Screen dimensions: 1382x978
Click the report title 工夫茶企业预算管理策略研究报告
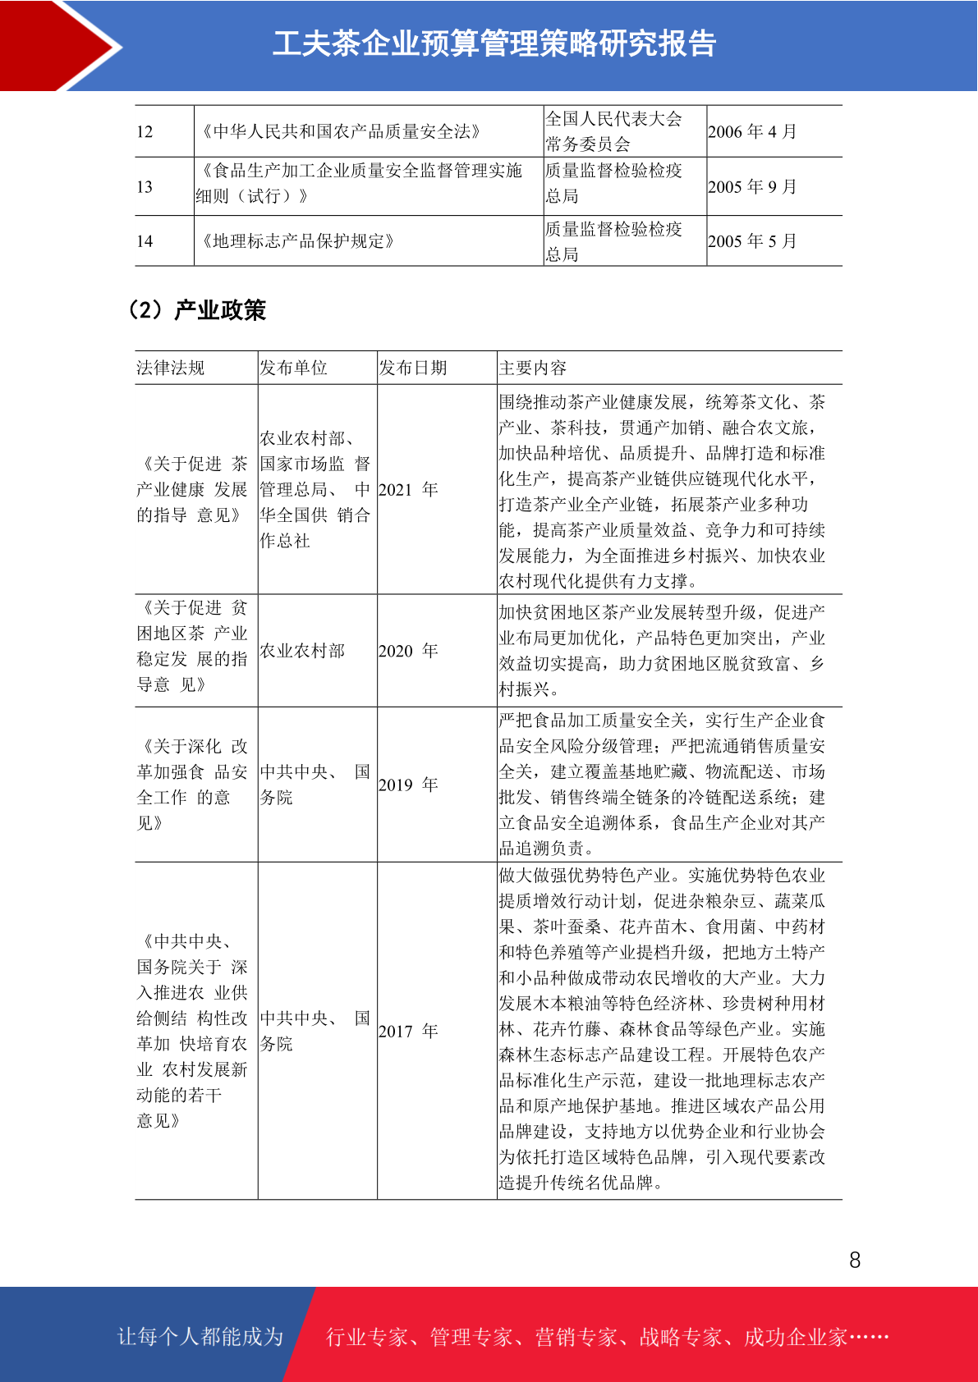[x=494, y=43]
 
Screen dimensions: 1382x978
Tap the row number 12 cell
[x=145, y=132]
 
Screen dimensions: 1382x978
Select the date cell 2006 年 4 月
[x=751, y=132]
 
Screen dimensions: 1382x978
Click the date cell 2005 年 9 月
[x=751, y=187]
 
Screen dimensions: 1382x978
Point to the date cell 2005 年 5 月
[x=751, y=241]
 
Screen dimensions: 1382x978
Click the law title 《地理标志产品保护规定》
[x=298, y=241]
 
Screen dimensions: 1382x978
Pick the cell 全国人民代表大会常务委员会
[x=613, y=131]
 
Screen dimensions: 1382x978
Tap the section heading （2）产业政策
[x=197, y=310]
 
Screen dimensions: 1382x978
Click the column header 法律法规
[x=171, y=368]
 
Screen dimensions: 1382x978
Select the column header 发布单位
[x=293, y=368]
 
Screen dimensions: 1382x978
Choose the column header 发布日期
[x=412, y=368]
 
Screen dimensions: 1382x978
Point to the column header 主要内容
[x=533, y=368]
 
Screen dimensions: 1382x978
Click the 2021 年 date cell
[x=408, y=490]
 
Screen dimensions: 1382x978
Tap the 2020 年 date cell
[x=408, y=651]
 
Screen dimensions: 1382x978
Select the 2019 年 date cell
[x=408, y=785]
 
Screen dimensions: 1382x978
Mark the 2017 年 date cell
[x=408, y=1031]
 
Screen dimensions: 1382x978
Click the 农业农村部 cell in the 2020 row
[x=302, y=651]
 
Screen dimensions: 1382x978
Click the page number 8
[x=855, y=1261]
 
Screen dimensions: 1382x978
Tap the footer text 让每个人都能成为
[x=200, y=1337]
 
